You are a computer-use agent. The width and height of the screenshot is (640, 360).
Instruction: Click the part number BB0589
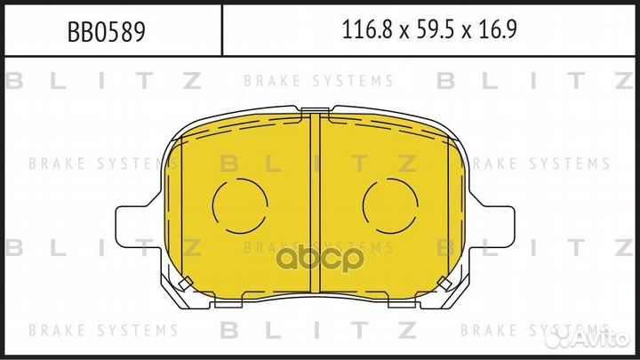106,32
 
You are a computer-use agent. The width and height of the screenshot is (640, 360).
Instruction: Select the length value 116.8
367,30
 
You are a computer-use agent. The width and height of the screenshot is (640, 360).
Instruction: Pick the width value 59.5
435,30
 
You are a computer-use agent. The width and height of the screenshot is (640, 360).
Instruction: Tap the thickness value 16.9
498,30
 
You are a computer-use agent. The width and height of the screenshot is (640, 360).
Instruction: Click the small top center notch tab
315,110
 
